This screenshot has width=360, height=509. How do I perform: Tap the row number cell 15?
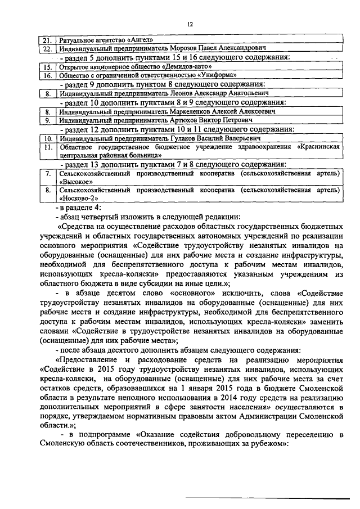(x=48, y=66)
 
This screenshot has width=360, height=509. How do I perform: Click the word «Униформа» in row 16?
(x=211, y=75)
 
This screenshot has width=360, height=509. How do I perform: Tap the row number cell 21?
(x=48, y=40)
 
